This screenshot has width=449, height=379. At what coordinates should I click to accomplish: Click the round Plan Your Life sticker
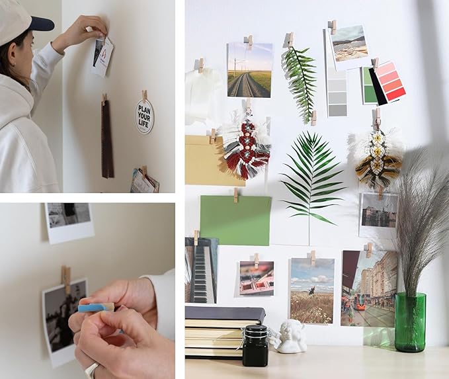(144, 116)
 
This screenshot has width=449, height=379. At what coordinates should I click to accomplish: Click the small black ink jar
(255, 345)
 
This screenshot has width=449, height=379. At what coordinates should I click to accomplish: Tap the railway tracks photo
(249, 71)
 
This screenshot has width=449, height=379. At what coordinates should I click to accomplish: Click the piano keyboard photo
(201, 270)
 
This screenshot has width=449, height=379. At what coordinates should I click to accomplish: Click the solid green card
(235, 220)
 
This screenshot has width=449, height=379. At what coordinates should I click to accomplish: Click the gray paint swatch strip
(337, 92)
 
